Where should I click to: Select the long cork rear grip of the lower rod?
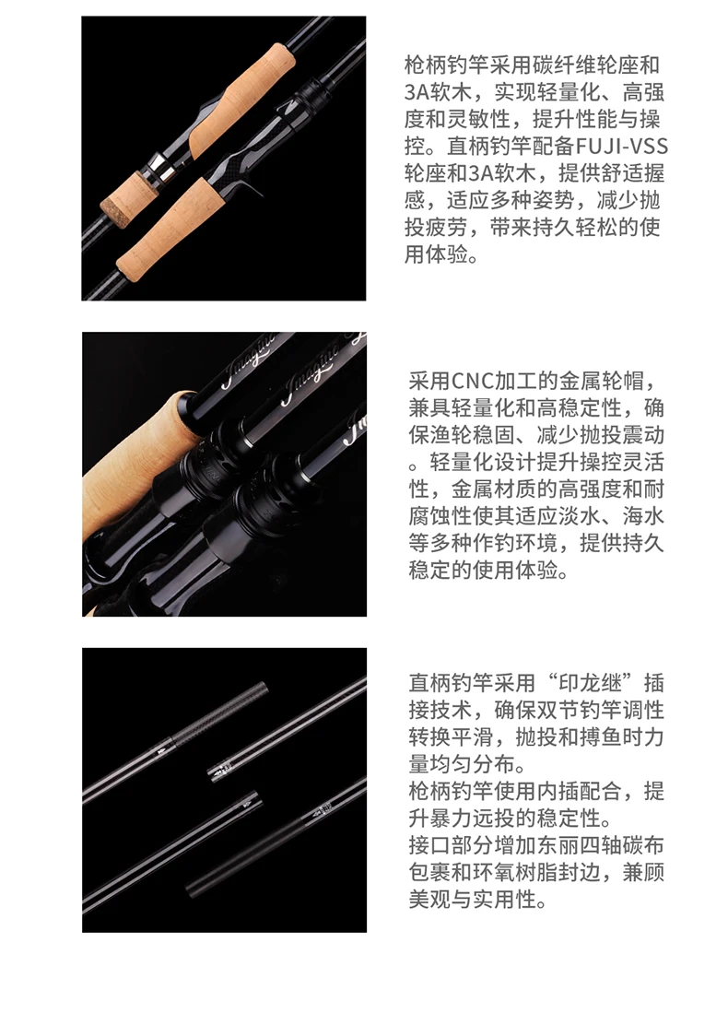(x=167, y=224)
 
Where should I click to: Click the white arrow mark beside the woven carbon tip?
(x=160, y=749)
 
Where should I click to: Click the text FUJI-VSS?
(x=621, y=146)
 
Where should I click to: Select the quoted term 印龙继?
(x=591, y=684)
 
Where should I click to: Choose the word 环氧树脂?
(x=515, y=872)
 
